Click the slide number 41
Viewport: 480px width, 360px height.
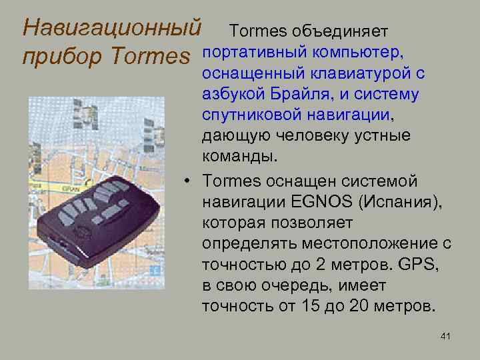[x=445, y=337]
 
